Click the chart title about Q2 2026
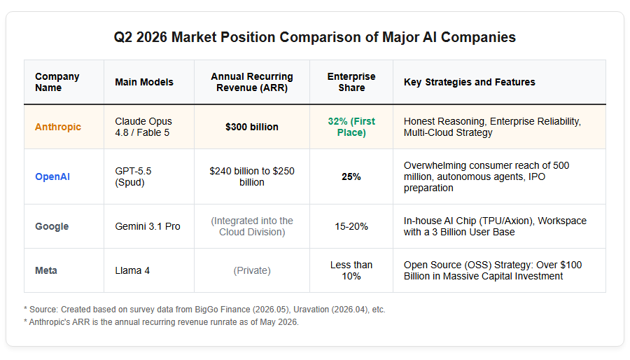(314, 37)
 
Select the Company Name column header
(57, 82)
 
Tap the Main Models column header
(144, 82)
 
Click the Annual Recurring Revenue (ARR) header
(252, 82)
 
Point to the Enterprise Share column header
(351, 82)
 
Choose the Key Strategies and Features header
(470, 82)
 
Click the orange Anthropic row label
(58, 127)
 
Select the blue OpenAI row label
(52, 176)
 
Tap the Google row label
(52, 226)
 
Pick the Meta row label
(45, 270)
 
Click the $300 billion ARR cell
(252, 127)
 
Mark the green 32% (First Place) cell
(351, 127)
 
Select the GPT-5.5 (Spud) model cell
(133, 176)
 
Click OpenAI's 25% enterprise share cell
(351, 176)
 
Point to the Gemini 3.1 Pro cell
(148, 226)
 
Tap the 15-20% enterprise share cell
(351, 226)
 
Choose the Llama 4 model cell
(132, 270)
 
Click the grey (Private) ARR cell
(252, 270)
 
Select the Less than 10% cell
(351, 270)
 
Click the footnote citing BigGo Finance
(204, 310)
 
